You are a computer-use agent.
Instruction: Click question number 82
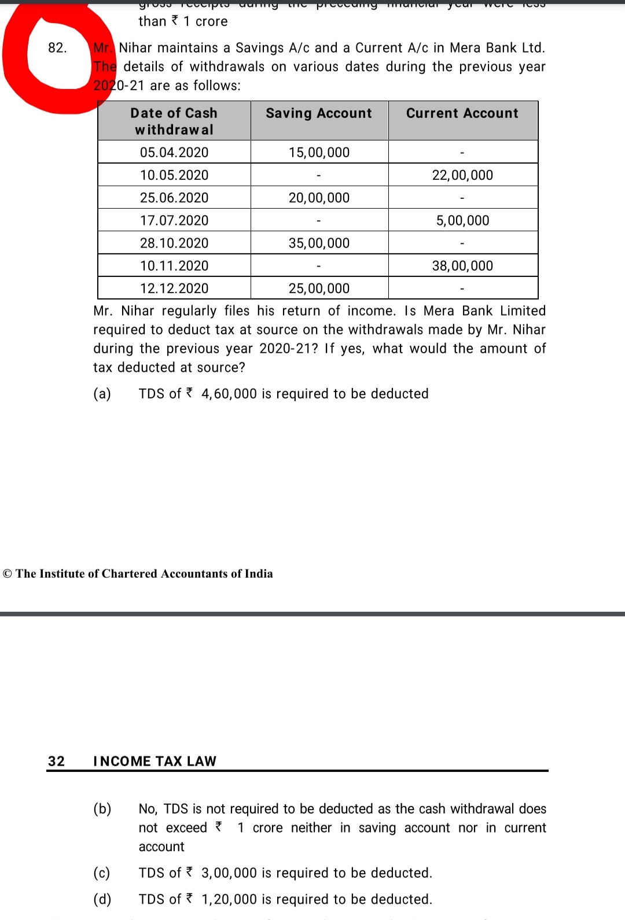(57, 48)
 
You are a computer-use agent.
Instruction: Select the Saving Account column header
(319, 113)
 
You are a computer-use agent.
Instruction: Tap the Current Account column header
(462, 113)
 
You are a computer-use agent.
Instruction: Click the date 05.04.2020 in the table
(174, 153)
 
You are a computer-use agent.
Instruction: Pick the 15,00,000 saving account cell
(319, 153)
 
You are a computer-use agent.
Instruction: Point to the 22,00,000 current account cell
(462, 175)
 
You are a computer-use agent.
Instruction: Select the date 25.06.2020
(174, 198)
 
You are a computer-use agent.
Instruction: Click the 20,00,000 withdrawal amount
(319, 198)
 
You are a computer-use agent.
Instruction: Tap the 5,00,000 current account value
(462, 220)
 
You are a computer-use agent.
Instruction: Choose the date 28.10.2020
(174, 243)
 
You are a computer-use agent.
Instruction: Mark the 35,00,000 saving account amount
(319, 243)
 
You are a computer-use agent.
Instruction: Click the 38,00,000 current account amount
(462, 266)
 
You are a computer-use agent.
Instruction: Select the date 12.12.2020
(174, 289)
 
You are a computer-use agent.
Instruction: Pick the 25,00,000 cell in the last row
(319, 289)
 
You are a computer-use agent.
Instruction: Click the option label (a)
(102, 394)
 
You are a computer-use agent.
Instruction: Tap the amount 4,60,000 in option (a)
(229, 394)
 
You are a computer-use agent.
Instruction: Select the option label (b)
(102, 808)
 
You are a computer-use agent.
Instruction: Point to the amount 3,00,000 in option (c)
(229, 873)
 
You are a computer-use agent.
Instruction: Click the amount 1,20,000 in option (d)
(229, 899)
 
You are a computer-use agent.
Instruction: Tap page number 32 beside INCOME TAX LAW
(57, 761)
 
